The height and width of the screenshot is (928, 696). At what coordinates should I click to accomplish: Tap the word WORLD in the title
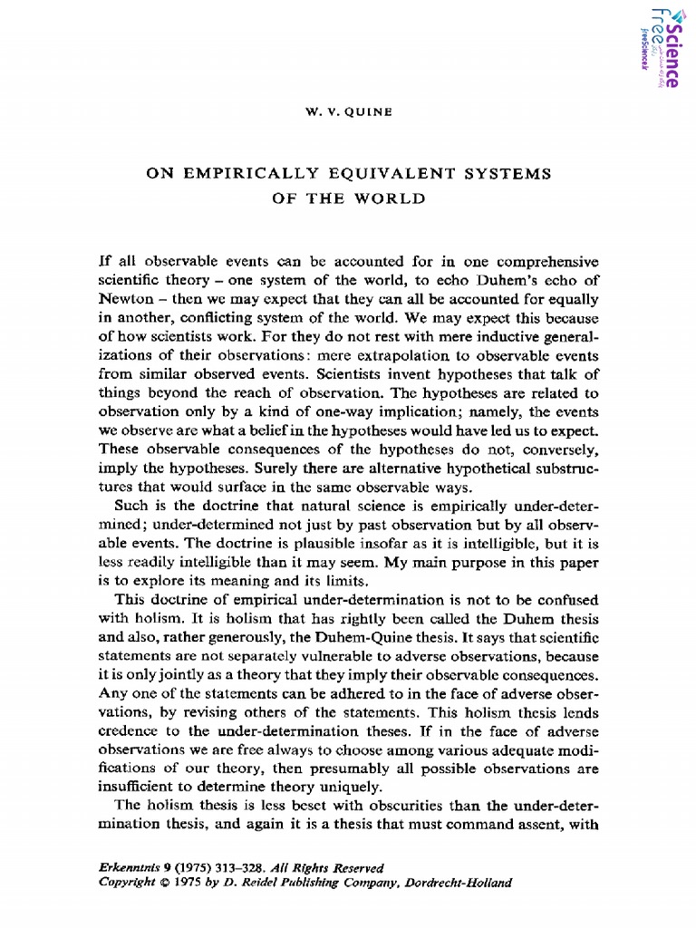391,198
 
